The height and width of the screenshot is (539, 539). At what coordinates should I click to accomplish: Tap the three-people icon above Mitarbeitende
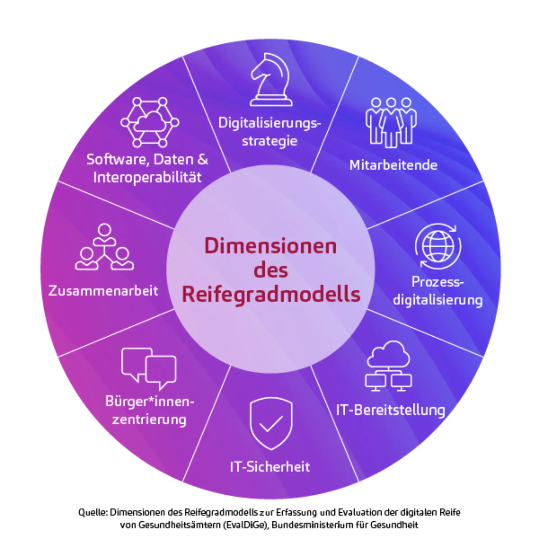click(x=391, y=122)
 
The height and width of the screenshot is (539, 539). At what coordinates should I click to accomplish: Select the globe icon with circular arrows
click(x=438, y=246)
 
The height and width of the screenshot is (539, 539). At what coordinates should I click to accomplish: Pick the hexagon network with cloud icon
click(x=150, y=122)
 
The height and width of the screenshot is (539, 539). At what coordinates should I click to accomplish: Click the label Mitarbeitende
click(x=393, y=165)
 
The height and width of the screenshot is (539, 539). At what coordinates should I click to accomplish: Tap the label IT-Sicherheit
click(x=270, y=467)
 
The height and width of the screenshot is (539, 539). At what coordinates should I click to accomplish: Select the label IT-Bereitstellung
click(x=390, y=410)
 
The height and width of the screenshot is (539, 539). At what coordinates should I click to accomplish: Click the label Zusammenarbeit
click(x=103, y=291)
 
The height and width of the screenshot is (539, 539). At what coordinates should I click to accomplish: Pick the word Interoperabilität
click(x=147, y=177)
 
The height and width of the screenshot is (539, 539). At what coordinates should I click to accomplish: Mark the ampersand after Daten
click(x=203, y=159)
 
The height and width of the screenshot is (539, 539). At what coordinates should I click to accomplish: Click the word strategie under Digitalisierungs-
click(x=269, y=141)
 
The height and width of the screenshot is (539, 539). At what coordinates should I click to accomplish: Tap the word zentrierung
click(x=149, y=420)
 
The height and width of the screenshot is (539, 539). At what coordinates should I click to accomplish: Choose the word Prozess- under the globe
click(x=437, y=282)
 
